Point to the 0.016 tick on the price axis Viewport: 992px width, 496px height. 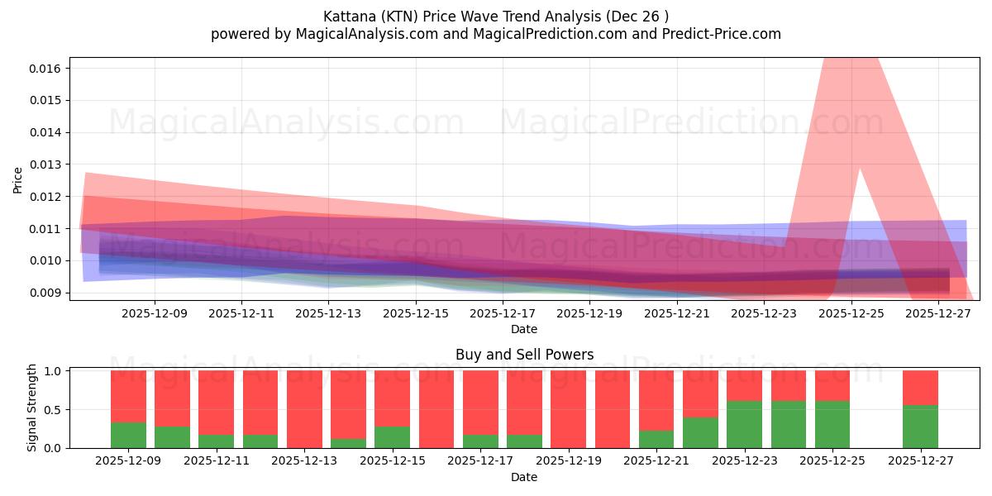[46, 68]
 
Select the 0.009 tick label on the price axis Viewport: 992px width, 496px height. [46, 293]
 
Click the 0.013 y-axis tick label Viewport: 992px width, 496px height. [46, 165]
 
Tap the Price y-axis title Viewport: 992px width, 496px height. [17, 180]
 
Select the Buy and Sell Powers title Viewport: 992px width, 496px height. [524, 355]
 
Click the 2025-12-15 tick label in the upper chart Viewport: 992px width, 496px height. [415, 313]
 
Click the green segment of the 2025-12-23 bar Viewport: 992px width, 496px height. [744, 424]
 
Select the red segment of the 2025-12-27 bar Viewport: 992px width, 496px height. [920, 387]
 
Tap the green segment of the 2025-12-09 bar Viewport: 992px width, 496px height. [128, 435]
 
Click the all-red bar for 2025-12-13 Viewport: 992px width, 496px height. [304, 409]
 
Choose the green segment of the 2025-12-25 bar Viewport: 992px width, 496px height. [832, 424]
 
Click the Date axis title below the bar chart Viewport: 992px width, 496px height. [524, 477]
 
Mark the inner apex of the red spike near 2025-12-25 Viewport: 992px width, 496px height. [860, 170]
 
